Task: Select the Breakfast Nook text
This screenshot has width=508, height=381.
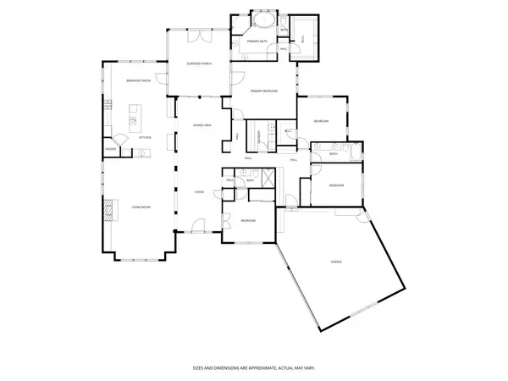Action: click(138, 80)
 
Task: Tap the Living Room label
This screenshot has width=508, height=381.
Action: click(141, 206)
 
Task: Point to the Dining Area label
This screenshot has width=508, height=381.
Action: click(202, 124)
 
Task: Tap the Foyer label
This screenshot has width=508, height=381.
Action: click(200, 192)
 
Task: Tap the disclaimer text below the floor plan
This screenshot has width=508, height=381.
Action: click(253, 368)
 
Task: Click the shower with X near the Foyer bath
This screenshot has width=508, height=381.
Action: click(267, 179)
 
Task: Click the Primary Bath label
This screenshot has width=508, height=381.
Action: click(257, 41)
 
